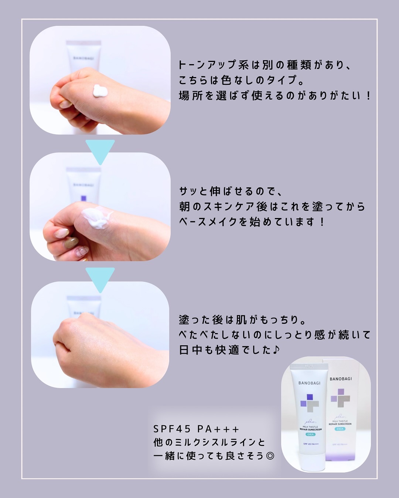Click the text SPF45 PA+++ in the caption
tap(196, 429)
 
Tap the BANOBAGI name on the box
tap(341, 379)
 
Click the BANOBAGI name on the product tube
tap(309, 383)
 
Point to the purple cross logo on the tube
tap(310, 403)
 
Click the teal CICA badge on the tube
tap(311, 434)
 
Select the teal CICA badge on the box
tap(340, 429)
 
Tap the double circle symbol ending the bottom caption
tap(270, 456)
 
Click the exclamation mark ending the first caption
tap(368, 96)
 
